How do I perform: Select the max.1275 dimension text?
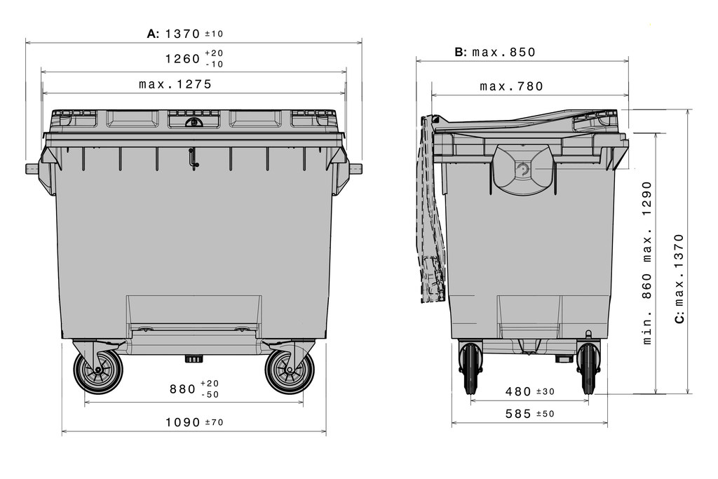[x=175, y=84]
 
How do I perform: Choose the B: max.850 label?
[x=495, y=52]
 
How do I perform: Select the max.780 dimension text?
[x=511, y=86]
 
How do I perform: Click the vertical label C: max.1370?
[x=679, y=278]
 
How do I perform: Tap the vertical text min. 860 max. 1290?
[x=647, y=263]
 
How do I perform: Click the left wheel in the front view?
[x=98, y=371]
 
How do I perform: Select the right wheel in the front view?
[x=289, y=371]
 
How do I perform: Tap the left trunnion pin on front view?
[x=32, y=168]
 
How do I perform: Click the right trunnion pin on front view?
[x=355, y=168]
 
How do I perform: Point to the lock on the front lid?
[x=194, y=122]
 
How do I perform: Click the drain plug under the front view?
[x=194, y=358]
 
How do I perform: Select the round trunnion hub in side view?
[x=522, y=169]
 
